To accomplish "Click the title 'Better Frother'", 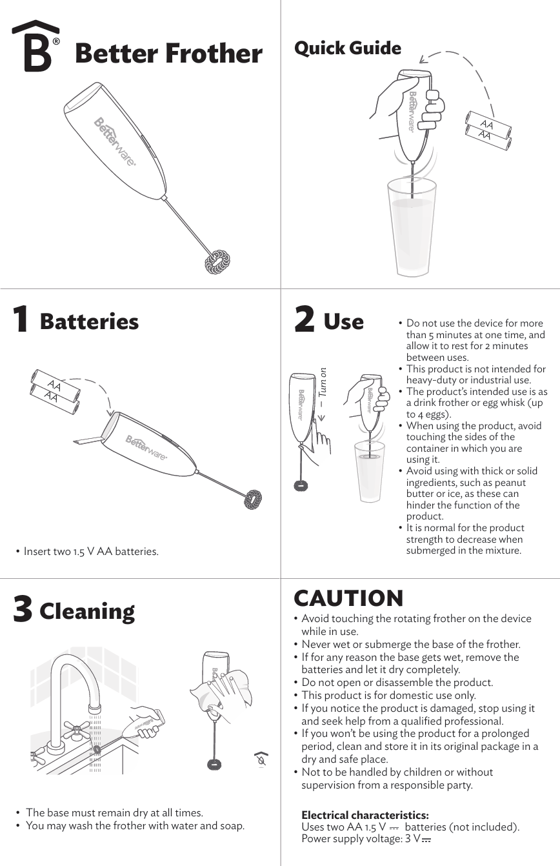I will click(168, 53).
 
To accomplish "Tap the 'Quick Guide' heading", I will click(347, 48).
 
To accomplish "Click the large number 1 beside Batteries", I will click(21, 320).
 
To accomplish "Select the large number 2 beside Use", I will click(304, 320).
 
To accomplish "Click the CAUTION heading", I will click(348, 598).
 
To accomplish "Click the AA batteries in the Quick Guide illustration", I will click(488, 129).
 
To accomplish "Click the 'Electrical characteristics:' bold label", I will click(365, 816).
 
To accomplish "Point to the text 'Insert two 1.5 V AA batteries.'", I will click(90, 551).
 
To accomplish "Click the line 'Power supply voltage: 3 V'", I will click(365, 838).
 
